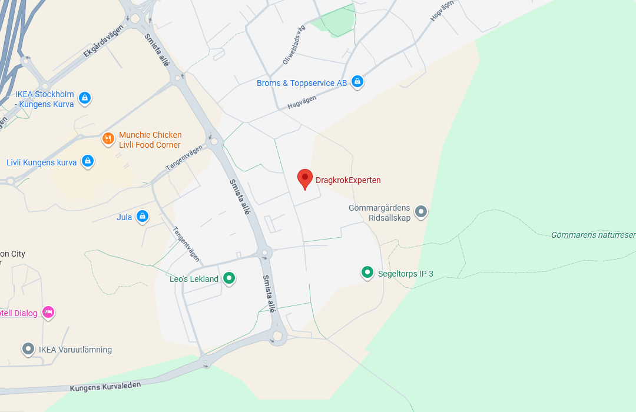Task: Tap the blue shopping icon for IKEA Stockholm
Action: tap(84, 98)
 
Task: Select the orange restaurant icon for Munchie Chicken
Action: tap(108, 139)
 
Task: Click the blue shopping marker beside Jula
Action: tap(142, 217)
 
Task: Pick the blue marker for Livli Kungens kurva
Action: tap(88, 161)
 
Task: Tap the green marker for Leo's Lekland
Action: tap(229, 278)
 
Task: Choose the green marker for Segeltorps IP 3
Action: tap(367, 272)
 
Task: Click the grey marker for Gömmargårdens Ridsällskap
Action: tap(420, 211)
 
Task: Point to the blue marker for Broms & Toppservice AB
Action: tap(357, 81)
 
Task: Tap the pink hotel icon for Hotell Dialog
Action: tap(48, 312)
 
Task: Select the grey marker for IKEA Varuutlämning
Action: tap(28, 348)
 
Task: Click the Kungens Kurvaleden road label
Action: tap(105, 386)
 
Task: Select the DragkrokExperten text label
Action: tap(348, 180)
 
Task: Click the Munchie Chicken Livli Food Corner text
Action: tap(150, 139)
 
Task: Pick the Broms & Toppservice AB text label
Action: tap(302, 83)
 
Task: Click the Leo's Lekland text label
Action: tap(194, 279)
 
